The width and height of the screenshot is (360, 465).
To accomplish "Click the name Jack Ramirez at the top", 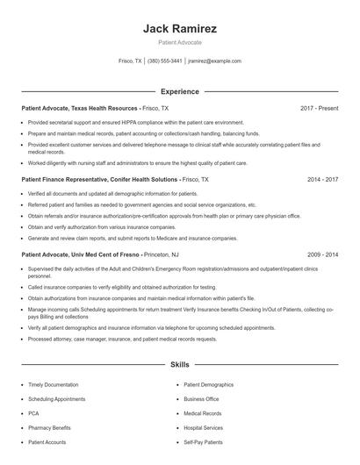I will coord(179,29).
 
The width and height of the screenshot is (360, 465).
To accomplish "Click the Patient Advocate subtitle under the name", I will coord(179,42).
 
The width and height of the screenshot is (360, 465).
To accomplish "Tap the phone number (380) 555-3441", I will coord(164,61).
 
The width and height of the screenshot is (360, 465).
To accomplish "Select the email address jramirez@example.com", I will coord(214,61).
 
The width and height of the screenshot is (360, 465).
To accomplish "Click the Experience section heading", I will coord(179,91).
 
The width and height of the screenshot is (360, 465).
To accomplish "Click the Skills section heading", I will coord(179,363).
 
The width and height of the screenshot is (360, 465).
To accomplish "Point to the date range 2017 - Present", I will coord(319,108).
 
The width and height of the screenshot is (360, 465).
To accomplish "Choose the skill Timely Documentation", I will coord(54,384).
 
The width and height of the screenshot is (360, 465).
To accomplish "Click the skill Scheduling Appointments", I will coord(57,398).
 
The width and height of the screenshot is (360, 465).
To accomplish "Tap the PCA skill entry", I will coord(34,413).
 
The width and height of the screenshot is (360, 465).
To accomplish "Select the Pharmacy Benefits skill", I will coord(50,427).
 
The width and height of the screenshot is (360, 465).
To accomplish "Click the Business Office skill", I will coord(201,398).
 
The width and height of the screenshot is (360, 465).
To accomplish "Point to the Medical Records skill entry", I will coord(203,413).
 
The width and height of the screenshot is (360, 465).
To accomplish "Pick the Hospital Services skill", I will coord(204,427).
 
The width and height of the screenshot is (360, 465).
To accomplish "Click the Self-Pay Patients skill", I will coord(204,442).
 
